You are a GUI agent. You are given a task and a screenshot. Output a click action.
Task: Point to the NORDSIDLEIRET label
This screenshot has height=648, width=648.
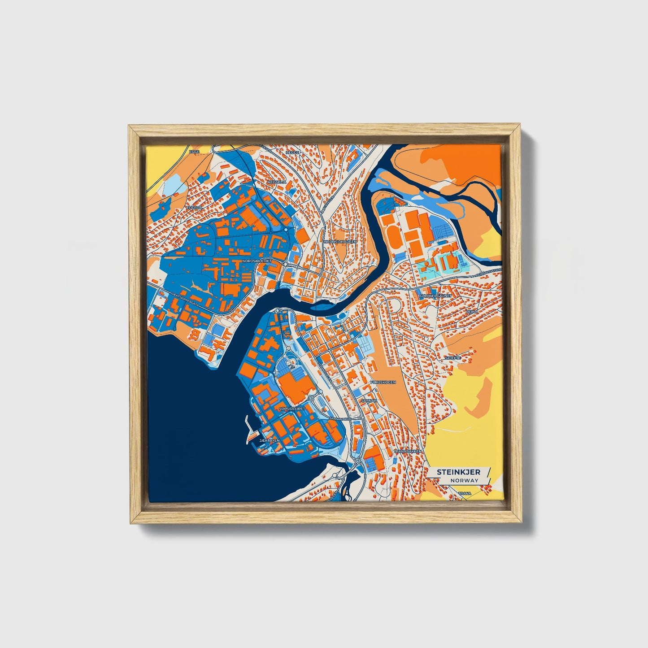pos(257,261)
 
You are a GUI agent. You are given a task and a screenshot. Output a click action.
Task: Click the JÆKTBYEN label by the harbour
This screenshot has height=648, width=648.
pos(270,440)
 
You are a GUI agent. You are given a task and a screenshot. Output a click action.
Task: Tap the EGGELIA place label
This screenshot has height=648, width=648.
pos(195,208)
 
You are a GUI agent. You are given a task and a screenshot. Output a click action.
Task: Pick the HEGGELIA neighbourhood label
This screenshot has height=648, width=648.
pos(277,182)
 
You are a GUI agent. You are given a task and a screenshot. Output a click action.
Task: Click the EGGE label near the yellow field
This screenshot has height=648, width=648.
pos(194,152)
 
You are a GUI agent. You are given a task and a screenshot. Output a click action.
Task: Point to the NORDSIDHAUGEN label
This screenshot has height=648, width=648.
pos(340,242)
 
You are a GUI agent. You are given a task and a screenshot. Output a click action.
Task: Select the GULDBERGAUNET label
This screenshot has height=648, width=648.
pos(433,296)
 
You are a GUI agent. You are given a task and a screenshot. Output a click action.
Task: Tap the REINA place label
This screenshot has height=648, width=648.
pos(472,311)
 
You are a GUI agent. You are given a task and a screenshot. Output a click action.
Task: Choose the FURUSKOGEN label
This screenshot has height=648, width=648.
pos(383,382)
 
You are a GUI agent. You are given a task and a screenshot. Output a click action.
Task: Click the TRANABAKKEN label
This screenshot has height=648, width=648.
pos(407,451)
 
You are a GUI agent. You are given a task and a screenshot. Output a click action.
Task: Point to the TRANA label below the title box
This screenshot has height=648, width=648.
pos(465,493)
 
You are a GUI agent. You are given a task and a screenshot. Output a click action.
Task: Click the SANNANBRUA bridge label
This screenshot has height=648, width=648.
pos(339,419)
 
